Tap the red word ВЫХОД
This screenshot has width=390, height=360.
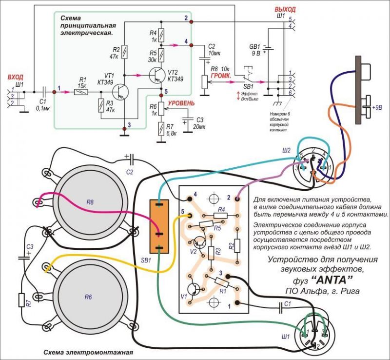[285, 9]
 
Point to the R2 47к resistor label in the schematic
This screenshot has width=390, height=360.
[116, 53]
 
